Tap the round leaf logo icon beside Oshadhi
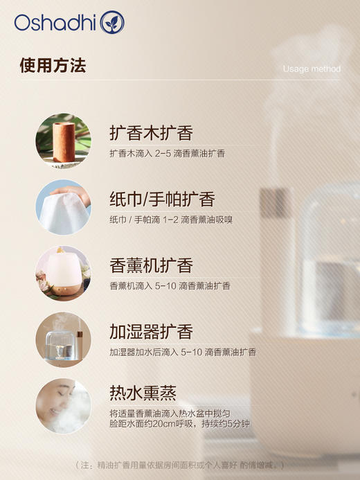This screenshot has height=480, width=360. click(x=112, y=23)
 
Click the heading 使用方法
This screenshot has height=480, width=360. click(x=53, y=66)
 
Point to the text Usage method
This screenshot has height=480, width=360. click(x=312, y=69)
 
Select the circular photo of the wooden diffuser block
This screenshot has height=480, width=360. click(x=63, y=141)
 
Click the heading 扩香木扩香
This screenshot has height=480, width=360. click(x=151, y=133)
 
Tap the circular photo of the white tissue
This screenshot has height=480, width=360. click(x=63, y=207)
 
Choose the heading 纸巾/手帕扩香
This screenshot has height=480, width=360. click(x=162, y=199)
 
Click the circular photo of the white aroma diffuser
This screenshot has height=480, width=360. click(x=63, y=273)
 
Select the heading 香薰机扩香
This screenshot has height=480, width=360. click(x=151, y=265)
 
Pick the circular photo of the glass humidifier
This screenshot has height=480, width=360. click(x=63, y=339)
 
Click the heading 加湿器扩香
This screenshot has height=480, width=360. click(x=151, y=332)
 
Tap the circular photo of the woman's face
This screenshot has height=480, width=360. click(x=63, y=406)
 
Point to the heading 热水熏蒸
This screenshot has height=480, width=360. click(x=143, y=393)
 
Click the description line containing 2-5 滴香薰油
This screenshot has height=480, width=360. click(x=167, y=153)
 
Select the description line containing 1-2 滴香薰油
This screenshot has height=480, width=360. click(x=170, y=220)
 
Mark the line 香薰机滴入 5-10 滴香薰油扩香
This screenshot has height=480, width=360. click(x=170, y=285)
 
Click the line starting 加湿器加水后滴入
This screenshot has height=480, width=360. click(x=182, y=352)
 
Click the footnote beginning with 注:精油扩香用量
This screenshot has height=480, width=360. click(x=180, y=465)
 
